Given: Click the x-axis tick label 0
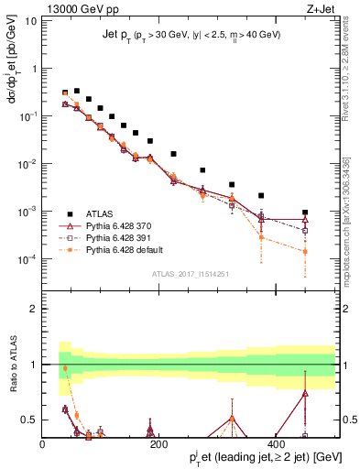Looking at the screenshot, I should pos(43,445).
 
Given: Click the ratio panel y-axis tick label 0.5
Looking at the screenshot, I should pos(28,420).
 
